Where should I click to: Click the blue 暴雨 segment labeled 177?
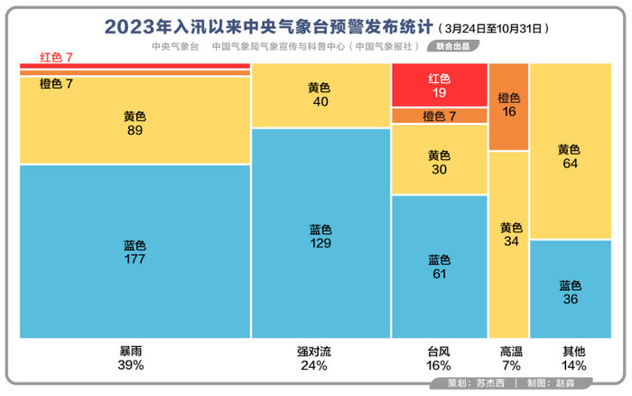click(x=135, y=251)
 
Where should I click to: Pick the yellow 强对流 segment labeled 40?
click(x=320, y=95)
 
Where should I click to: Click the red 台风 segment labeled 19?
click(x=439, y=85)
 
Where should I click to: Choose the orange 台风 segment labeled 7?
click(x=439, y=116)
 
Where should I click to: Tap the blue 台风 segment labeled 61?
click(x=439, y=267)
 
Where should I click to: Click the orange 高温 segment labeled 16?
click(x=508, y=106)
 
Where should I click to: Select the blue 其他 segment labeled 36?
click(x=570, y=290)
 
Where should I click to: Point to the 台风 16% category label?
click(x=439, y=358)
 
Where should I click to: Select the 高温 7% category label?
click(x=510, y=358)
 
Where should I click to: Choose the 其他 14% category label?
click(x=572, y=358)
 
